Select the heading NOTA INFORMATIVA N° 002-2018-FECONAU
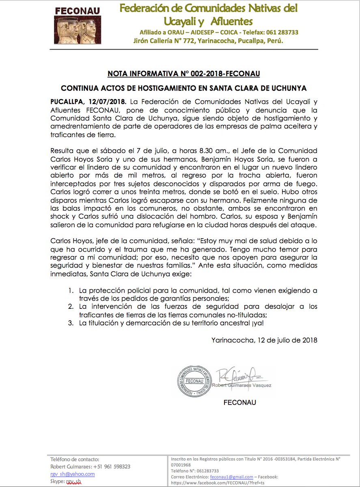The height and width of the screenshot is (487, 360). click(x=184, y=74)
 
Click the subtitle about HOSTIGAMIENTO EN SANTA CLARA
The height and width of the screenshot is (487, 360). click(x=184, y=88)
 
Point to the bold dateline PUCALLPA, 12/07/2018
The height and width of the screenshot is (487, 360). click(x=88, y=101)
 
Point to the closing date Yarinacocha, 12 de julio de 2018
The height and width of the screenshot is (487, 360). click(x=264, y=340)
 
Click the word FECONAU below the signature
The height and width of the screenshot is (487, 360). click(x=240, y=403)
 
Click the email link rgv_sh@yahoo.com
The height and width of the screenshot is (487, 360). click(x=73, y=474)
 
